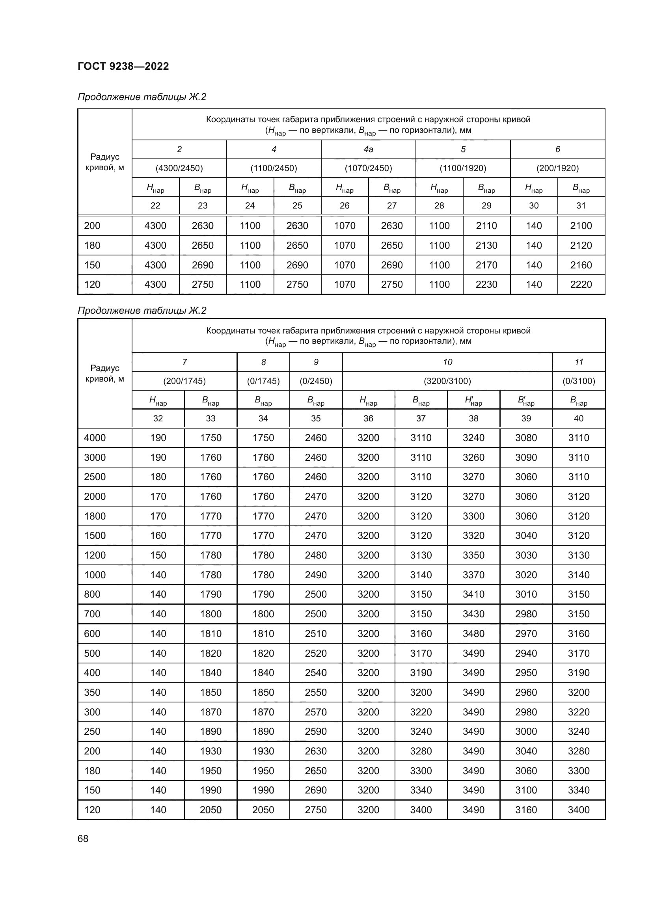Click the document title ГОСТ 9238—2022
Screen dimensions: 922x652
123,66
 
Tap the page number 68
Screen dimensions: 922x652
83,838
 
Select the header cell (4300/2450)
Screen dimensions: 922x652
179,168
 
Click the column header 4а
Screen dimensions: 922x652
368,149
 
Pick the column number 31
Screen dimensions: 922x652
581,206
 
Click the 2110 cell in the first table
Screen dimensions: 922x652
486,226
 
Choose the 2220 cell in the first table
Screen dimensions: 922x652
581,284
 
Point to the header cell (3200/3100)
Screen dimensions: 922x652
447,381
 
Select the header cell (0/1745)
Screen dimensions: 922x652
263,381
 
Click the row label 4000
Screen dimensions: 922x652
95,438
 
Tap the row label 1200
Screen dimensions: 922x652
95,555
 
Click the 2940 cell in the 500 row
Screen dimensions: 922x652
526,653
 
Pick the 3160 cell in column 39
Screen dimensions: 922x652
526,810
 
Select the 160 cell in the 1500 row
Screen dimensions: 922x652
158,535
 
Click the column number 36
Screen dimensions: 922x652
368,419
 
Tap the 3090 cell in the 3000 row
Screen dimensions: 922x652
526,457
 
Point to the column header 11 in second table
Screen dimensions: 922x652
579,362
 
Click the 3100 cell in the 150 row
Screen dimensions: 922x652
526,790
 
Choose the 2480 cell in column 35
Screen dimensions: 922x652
316,555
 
